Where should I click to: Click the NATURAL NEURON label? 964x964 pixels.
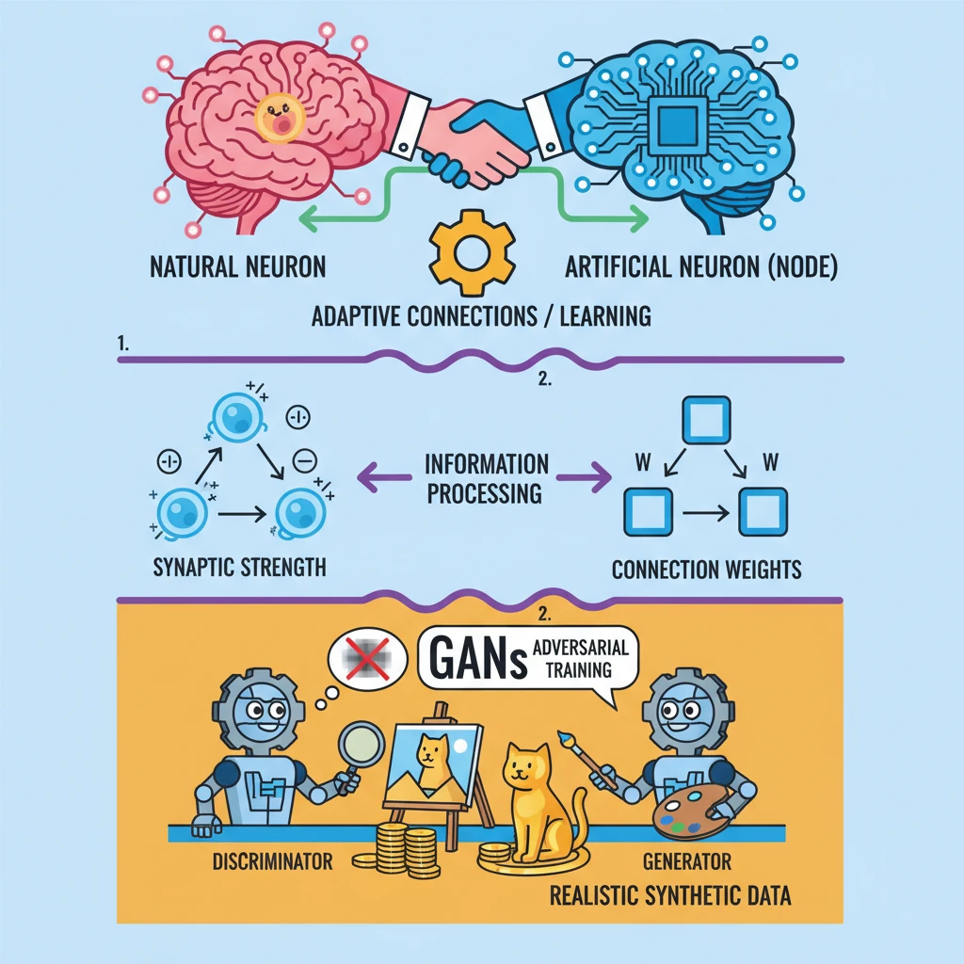point(238,267)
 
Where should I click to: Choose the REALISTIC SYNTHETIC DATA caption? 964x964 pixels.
point(670,892)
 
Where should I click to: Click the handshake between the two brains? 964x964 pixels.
point(467,141)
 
